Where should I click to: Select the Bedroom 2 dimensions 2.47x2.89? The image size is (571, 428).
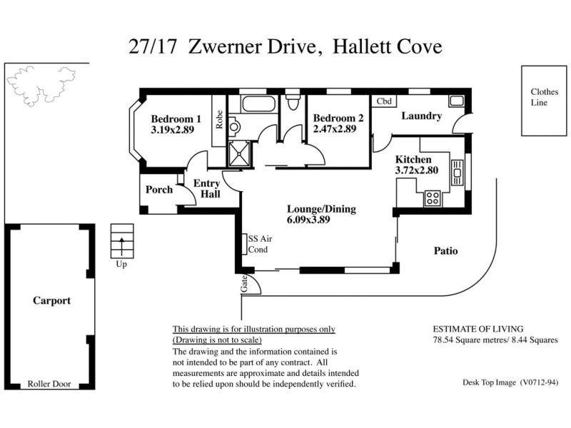(334, 131)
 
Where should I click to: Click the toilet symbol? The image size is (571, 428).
(291, 104)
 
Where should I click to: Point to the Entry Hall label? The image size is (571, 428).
(207, 189)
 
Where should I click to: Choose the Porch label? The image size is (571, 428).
(158, 190)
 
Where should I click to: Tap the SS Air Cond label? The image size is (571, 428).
(258, 244)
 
